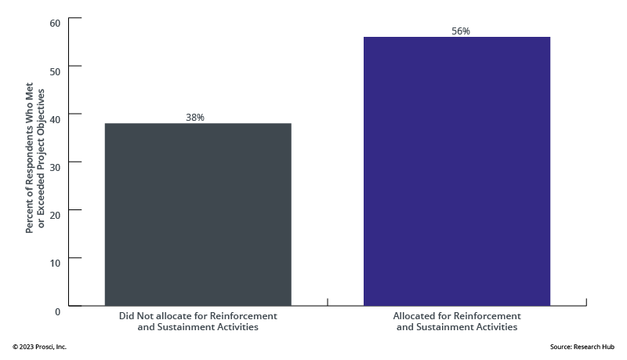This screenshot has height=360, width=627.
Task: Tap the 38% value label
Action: click(195, 118)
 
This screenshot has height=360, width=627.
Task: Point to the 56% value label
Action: click(460, 31)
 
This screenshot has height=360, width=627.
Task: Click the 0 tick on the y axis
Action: click(57, 311)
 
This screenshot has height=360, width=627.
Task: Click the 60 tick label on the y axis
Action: click(55, 22)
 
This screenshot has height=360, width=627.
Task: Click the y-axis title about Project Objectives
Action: click(36, 161)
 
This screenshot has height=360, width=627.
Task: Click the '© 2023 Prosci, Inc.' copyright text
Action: click(39, 346)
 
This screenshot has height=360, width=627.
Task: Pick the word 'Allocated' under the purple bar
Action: click(415, 315)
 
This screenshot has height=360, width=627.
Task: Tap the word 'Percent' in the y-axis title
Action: click(30, 216)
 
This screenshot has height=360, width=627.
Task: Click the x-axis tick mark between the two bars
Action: click(327, 302)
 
